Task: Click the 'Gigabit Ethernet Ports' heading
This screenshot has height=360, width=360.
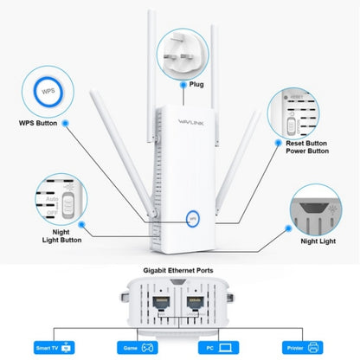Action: [180, 270]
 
